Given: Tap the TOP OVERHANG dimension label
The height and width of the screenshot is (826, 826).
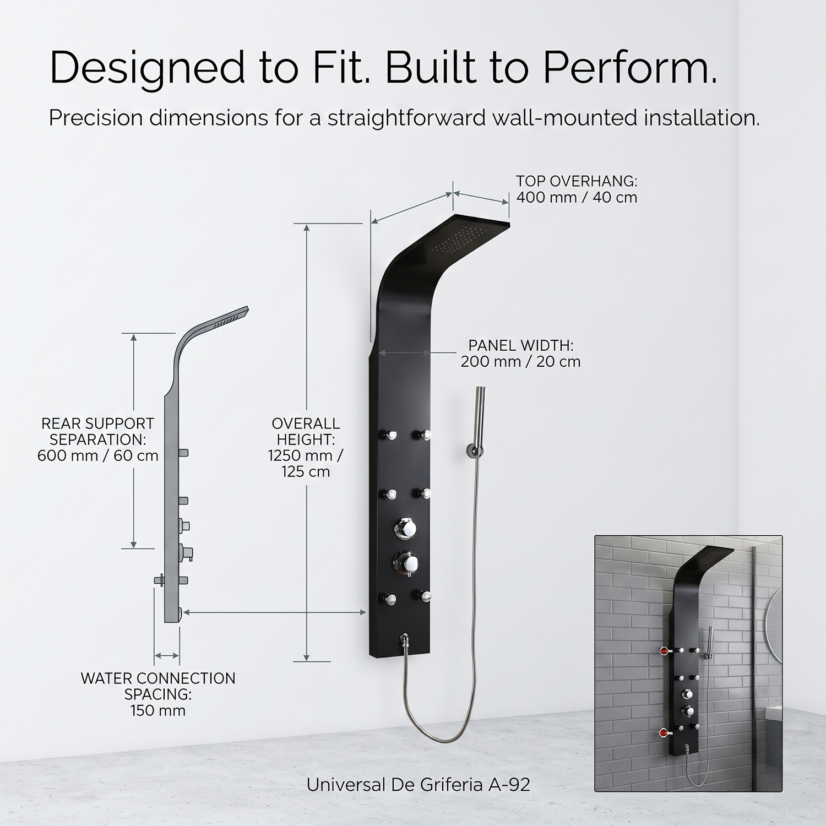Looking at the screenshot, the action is click(577, 189).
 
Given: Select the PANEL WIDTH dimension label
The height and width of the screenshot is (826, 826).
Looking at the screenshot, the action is click(520, 353).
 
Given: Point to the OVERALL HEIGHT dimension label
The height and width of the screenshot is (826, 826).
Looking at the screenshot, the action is click(306, 447).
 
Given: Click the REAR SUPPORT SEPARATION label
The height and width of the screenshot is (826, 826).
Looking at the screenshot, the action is click(98, 439).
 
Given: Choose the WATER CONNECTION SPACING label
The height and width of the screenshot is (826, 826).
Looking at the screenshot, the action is click(158, 694).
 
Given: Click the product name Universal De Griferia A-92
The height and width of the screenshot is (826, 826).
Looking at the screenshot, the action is click(418, 784).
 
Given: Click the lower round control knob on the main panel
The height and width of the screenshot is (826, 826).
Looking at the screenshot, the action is click(406, 562).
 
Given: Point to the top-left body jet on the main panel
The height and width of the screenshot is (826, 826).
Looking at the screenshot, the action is click(389, 435).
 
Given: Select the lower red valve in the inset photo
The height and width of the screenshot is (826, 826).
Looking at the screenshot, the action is click(664, 733).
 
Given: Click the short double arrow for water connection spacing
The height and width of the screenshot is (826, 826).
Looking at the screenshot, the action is click(167, 655).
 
